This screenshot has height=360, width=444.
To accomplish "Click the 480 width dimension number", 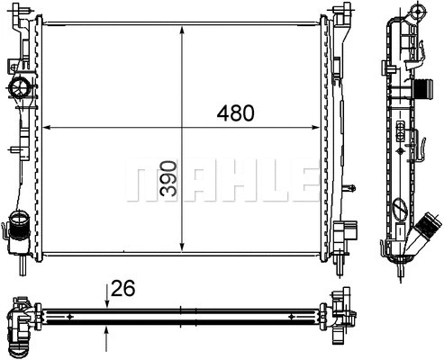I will [x=236, y=114].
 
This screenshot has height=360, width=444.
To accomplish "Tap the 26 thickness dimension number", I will [x=124, y=289].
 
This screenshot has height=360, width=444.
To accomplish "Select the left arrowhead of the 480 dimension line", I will [x=48, y=126].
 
